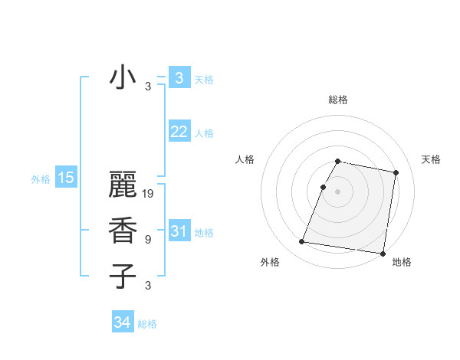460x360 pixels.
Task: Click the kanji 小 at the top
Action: [x=123, y=78]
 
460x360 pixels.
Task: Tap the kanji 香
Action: [x=123, y=231]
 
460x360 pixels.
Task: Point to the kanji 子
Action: [x=123, y=276]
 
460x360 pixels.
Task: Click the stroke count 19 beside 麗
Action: [x=149, y=194]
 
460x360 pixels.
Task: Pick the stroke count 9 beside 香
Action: [x=148, y=240]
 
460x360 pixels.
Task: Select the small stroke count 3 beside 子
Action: [x=148, y=286]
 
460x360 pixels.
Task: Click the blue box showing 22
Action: [x=179, y=132]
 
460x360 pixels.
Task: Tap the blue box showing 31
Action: [x=179, y=231]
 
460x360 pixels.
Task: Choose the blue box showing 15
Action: [x=65, y=178]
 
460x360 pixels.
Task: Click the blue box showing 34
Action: [x=123, y=322]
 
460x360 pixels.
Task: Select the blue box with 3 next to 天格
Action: [x=179, y=78]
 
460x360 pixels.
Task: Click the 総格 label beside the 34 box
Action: [x=147, y=324]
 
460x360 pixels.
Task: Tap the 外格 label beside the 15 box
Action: [x=41, y=179]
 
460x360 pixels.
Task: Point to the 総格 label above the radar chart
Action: [x=338, y=100]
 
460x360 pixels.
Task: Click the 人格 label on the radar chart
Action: [x=245, y=159]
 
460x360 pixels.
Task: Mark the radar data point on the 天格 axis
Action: [x=396, y=173]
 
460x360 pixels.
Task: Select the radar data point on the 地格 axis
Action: [x=382, y=253]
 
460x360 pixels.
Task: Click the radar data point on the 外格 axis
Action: [x=301, y=242]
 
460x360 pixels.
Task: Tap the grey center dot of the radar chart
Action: [x=338, y=191]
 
